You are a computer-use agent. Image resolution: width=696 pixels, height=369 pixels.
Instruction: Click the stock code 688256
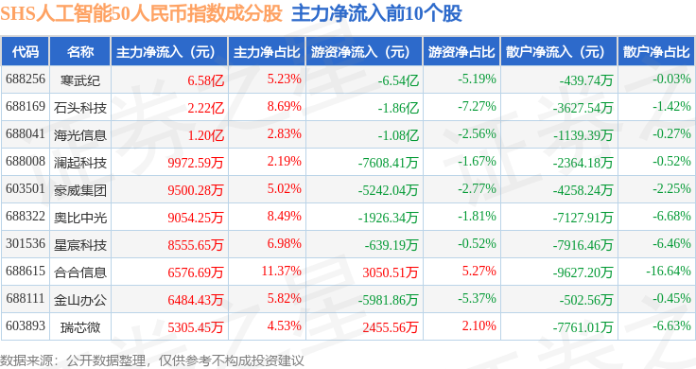[26, 79]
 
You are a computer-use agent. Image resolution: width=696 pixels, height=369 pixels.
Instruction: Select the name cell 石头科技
[79, 108]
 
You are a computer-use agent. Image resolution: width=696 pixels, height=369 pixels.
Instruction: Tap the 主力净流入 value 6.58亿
[205, 80]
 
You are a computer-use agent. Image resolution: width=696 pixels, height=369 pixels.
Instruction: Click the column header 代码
[26, 51]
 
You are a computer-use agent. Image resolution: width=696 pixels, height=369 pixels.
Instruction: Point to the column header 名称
[79, 51]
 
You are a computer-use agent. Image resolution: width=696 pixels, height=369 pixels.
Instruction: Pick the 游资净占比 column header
[461, 51]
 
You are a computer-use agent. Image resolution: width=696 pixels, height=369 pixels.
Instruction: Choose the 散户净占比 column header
[656, 51]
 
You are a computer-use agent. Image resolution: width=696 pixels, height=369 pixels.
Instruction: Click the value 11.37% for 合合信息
[282, 271]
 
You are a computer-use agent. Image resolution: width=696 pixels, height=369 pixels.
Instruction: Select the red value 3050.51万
[391, 272]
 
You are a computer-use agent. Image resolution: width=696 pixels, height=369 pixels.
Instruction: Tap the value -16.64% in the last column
[669, 271]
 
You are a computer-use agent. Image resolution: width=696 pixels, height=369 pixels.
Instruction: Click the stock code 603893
[26, 325]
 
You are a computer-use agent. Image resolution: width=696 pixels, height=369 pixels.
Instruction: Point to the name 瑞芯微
[79, 327]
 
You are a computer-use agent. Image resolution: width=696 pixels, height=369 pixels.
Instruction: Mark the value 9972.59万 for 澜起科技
[196, 163]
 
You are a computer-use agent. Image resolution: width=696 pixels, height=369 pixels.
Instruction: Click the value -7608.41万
[388, 163]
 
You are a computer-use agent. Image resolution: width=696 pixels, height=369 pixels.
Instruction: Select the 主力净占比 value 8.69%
[284, 107]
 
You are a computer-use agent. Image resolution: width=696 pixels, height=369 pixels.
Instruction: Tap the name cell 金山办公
[79, 300]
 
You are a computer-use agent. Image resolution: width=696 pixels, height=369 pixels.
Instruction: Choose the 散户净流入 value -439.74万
[586, 80]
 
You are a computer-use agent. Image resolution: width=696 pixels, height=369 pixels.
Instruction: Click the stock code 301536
[26, 244]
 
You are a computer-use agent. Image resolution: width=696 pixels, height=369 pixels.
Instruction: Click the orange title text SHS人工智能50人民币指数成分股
[141, 13]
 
